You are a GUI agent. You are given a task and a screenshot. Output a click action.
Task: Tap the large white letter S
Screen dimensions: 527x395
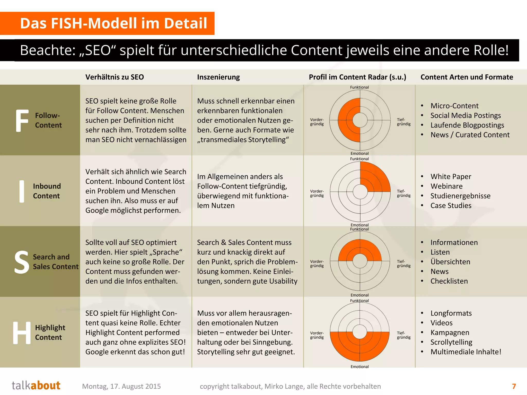click(22, 262)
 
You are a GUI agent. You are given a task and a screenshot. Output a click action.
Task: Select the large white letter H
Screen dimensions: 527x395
click(22, 333)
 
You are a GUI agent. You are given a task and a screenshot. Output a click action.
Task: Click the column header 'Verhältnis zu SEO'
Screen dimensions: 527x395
click(115, 77)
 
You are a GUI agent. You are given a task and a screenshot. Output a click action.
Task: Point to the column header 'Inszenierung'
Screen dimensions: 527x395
click(218, 77)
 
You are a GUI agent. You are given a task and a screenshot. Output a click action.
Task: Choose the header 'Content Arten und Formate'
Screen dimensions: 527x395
click(467, 77)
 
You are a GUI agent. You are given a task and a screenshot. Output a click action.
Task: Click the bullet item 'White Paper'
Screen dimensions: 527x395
click(451, 177)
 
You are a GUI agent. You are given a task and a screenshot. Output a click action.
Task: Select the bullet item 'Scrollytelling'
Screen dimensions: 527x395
click(451, 342)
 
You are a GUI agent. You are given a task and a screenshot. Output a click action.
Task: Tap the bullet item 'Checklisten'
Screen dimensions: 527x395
click(449, 281)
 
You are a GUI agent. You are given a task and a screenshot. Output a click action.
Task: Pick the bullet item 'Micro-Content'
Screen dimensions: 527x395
click(454, 106)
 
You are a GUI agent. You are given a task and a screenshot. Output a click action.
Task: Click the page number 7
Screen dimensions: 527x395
click(514, 386)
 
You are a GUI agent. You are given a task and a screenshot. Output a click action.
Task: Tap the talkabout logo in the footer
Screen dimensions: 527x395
click(36, 385)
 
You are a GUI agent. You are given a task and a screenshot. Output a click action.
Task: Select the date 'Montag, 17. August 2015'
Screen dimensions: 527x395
click(121, 386)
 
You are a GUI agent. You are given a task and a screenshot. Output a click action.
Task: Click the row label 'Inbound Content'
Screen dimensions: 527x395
click(47, 191)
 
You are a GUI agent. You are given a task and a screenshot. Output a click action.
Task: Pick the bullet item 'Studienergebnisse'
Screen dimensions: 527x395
click(460, 196)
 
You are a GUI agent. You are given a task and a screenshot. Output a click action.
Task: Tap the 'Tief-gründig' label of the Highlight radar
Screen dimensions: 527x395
click(403, 335)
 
